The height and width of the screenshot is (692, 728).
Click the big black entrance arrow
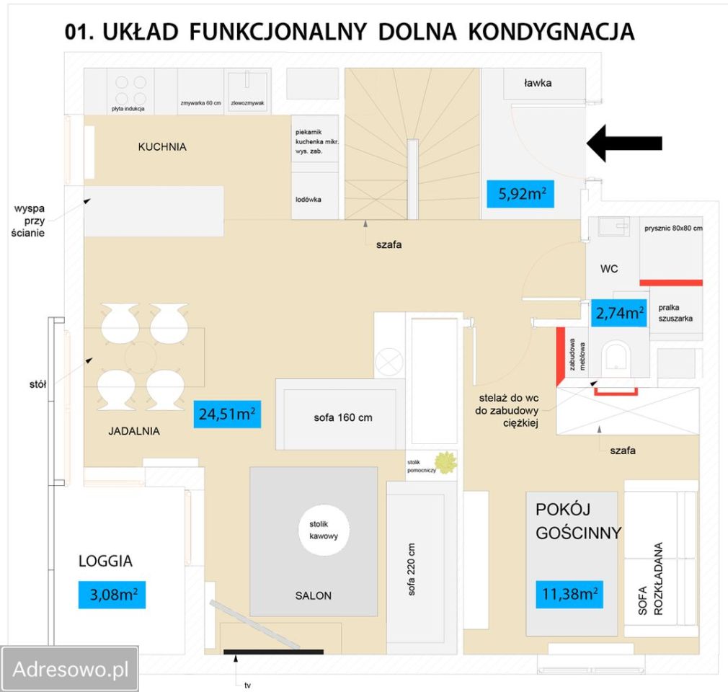pos(624,143)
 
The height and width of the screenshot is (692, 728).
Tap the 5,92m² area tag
pos(520,193)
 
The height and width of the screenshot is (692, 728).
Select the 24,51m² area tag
pos(227,415)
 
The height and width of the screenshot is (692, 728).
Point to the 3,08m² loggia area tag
pos(112,595)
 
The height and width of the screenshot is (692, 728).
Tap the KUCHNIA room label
pos(162,147)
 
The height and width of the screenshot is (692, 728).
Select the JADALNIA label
pos(134,432)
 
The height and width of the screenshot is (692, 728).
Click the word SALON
pos(313,595)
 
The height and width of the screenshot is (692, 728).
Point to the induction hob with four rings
pos(130,91)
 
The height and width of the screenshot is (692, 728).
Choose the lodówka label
pos(308,198)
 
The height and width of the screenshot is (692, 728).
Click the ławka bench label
pos(538,83)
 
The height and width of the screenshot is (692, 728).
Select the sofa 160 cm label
pos(342,417)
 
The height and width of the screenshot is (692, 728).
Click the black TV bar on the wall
pos(273,652)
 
